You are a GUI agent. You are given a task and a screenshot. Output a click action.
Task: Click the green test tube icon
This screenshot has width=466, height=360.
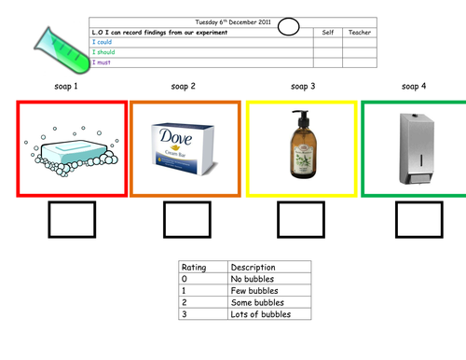(62, 51)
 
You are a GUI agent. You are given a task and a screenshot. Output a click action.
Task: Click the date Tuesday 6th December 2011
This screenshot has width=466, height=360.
(233, 22)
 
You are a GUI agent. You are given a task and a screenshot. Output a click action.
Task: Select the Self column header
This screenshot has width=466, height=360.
(328, 33)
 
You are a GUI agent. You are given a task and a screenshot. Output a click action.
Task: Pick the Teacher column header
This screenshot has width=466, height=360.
(360, 33)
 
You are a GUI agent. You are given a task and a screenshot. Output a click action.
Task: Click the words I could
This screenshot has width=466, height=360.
(102, 42)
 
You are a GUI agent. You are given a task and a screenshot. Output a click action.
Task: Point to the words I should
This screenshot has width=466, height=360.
(103, 52)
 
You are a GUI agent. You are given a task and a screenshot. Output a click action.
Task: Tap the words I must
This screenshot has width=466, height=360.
(102, 62)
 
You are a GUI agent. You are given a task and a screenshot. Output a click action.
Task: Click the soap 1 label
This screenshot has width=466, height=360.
(66, 87)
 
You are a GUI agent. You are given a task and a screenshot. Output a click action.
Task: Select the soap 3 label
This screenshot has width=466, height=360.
(303, 87)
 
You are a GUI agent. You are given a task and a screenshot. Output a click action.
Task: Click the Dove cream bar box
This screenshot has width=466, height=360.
(185, 148)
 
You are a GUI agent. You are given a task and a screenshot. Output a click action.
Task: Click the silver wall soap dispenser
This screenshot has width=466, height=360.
(417, 149)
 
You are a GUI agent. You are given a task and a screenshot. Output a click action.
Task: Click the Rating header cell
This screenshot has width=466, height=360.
(203, 267)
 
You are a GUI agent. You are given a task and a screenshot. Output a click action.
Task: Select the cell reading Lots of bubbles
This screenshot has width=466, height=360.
(269, 314)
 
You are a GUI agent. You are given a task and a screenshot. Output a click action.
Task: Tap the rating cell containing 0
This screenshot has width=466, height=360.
(203, 279)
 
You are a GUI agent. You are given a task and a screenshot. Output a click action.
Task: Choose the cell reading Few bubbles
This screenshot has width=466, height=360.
(269, 291)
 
